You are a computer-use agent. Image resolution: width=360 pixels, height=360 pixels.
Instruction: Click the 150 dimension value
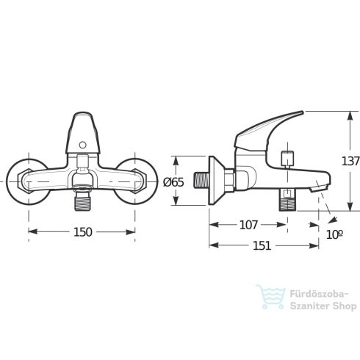point(83,232)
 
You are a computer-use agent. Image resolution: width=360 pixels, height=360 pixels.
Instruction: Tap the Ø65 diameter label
point(173,182)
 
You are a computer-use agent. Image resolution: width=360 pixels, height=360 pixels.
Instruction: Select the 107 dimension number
point(248,225)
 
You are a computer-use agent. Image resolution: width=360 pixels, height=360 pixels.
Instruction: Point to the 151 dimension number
point(262,245)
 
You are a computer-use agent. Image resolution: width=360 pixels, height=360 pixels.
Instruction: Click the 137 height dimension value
point(350,161)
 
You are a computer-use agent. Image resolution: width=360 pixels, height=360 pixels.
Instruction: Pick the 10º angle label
point(334,234)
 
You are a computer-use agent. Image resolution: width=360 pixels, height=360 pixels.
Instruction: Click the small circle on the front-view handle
point(82,145)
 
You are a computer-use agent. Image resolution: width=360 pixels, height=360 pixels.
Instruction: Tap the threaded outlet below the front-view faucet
point(83,201)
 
